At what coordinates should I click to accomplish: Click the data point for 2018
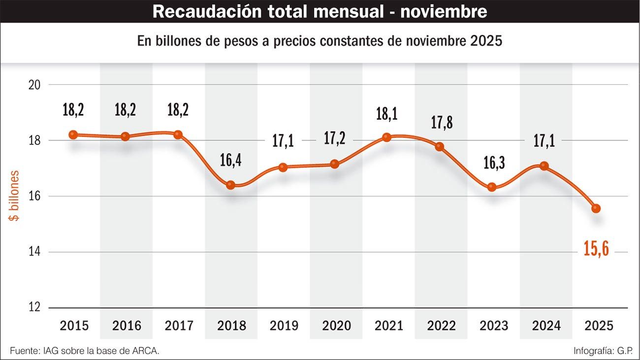pos(230,185)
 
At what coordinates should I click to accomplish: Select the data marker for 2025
pos(596,208)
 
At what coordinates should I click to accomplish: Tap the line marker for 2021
pos(386,137)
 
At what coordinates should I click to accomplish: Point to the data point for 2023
pos(491,187)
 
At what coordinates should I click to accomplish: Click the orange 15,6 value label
pos(596,249)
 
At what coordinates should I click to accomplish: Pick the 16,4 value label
pos(230,161)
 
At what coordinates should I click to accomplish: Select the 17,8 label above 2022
pos(442,122)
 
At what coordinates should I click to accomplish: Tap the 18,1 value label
pos(386,114)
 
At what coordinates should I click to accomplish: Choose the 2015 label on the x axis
pos(74,326)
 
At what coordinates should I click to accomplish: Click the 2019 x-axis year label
pos(284,326)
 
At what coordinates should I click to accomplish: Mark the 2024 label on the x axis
pos(546,326)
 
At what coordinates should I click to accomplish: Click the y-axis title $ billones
pos(16,196)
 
